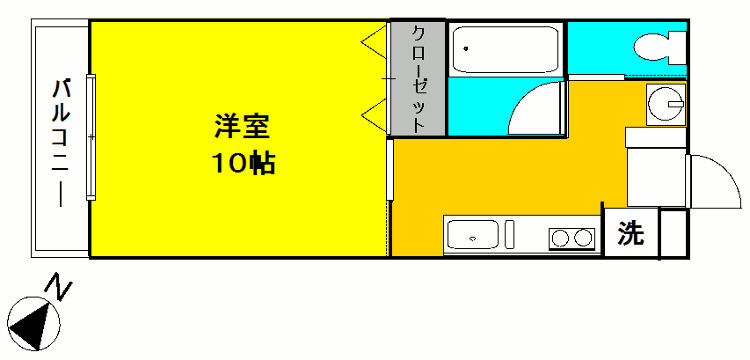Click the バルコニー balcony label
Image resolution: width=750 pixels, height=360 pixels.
pyautogui.click(x=62, y=140)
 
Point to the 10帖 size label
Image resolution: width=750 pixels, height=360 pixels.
pyautogui.click(x=243, y=163)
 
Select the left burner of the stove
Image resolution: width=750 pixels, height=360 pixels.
pyautogui.click(x=559, y=238)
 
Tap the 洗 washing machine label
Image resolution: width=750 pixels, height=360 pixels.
pyautogui.click(x=630, y=233)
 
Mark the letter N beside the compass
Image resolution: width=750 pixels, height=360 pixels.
pyautogui.click(x=61, y=291)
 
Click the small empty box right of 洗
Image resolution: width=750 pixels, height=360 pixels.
pyautogui.click(x=673, y=233)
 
